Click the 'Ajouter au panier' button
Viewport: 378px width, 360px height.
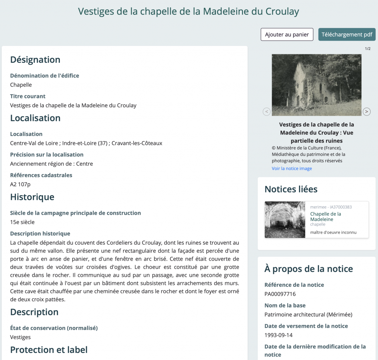tap(287, 34)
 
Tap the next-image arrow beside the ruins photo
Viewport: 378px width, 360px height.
tap(367, 111)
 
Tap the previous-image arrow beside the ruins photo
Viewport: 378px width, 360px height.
tap(267, 111)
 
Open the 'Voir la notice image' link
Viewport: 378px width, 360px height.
tap(292, 169)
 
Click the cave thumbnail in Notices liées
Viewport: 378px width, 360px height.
tap(285, 220)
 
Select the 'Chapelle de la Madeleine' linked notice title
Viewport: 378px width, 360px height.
tap(325, 217)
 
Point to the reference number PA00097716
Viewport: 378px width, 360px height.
tap(280, 294)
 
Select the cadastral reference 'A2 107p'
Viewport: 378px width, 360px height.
tap(20, 184)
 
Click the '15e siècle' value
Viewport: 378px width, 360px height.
tap(22, 222)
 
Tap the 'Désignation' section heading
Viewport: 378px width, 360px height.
tap(35, 60)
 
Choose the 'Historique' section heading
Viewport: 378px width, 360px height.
tap(32, 197)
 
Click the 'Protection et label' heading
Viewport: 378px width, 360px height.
tap(49, 350)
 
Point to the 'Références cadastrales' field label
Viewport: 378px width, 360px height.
tap(41, 175)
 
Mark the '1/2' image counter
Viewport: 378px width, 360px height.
tap(368, 49)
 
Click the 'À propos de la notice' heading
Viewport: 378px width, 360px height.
tap(309, 269)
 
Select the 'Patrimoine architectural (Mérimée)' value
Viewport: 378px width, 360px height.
tap(308, 315)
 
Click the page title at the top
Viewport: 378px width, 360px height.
tap(189, 11)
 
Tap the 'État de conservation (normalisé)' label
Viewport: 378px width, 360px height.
tap(54, 328)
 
